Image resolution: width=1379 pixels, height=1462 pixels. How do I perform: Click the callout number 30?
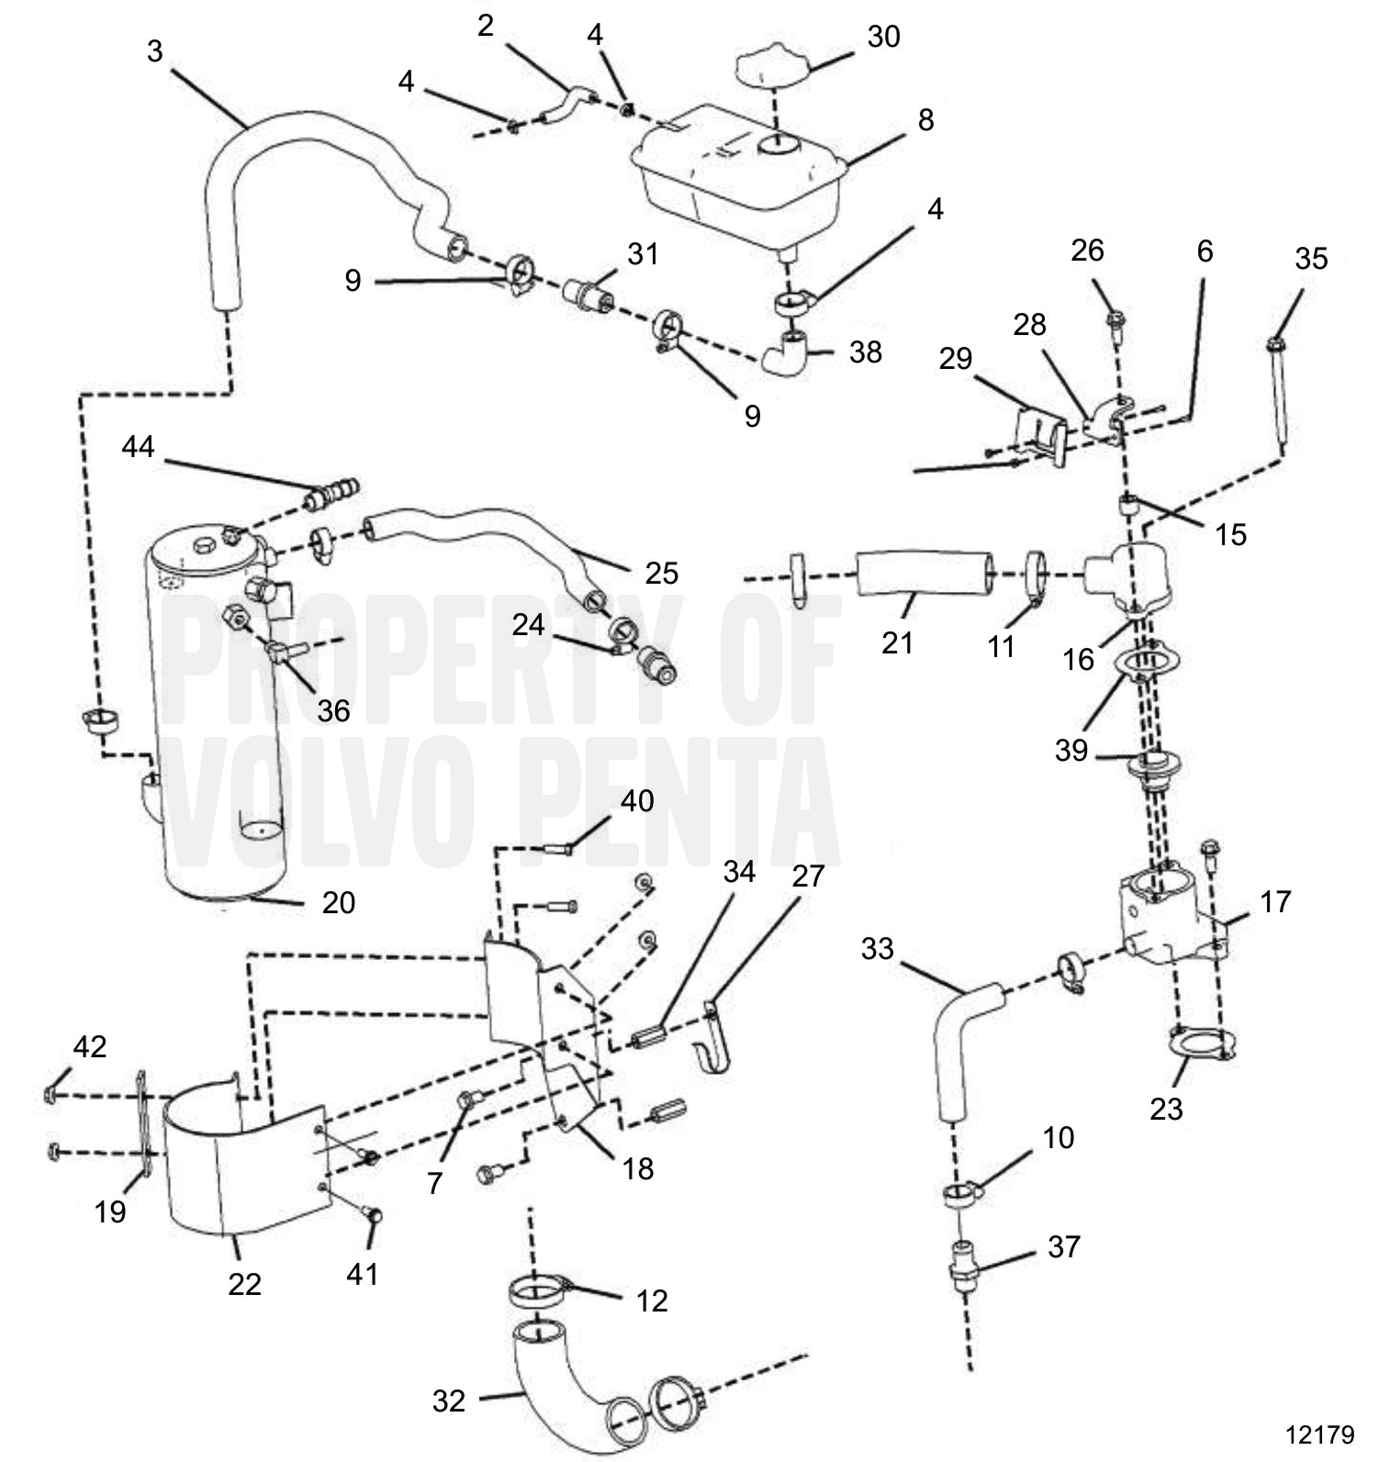883,37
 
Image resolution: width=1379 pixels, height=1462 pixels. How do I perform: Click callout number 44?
139,448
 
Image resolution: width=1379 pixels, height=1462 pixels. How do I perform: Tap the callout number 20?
339,903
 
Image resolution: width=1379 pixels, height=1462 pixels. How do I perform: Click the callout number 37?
1063,1247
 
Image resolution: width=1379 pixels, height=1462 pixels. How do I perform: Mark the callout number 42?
89,1047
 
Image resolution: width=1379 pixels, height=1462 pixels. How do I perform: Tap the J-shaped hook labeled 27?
713,1046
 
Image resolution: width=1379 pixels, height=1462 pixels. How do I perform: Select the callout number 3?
154,51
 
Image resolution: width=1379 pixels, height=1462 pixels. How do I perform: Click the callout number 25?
661,574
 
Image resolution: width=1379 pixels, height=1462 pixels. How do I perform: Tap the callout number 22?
245,1283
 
